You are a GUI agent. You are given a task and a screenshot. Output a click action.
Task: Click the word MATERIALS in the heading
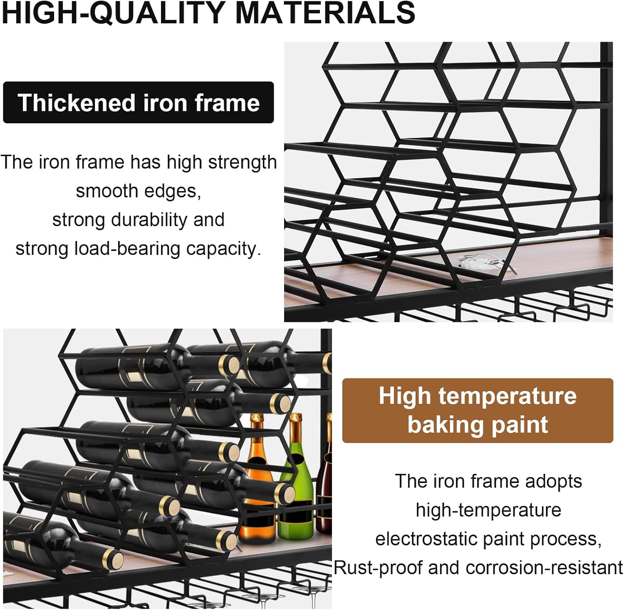[x=325, y=12]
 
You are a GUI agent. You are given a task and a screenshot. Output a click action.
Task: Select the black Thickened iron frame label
[x=139, y=102]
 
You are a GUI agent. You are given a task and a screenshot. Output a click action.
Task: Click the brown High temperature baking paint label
[x=478, y=410]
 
